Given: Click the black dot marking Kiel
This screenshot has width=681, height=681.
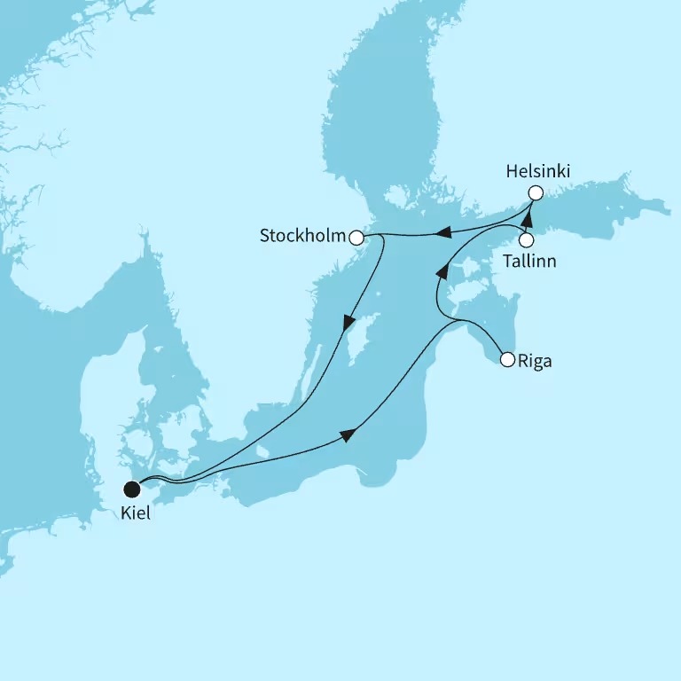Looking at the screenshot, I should tap(132, 488).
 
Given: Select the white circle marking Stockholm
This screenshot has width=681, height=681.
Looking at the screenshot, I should tap(356, 238).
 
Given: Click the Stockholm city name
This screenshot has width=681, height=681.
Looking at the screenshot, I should tap(301, 237).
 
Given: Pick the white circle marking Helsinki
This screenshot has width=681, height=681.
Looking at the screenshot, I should tap(535, 192).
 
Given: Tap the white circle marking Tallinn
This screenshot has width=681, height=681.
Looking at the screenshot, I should tap(526, 239).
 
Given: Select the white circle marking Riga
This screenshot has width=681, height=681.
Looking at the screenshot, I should tap(507, 360).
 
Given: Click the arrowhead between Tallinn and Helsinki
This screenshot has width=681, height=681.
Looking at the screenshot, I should tap(529, 213).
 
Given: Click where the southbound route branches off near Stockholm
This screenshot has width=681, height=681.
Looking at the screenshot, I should tap(381, 237).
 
